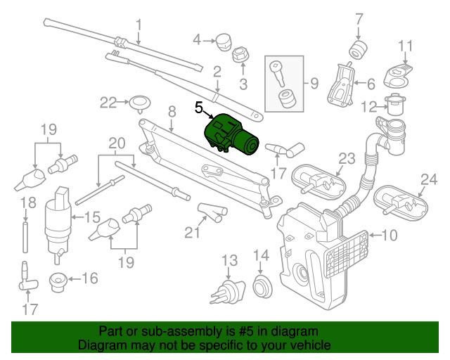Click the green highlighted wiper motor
[x=231, y=134]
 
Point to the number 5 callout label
[x=198, y=108]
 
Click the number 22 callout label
[x=108, y=103]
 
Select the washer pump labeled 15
[x=59, y=218]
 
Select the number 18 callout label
[x=27, y=203]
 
